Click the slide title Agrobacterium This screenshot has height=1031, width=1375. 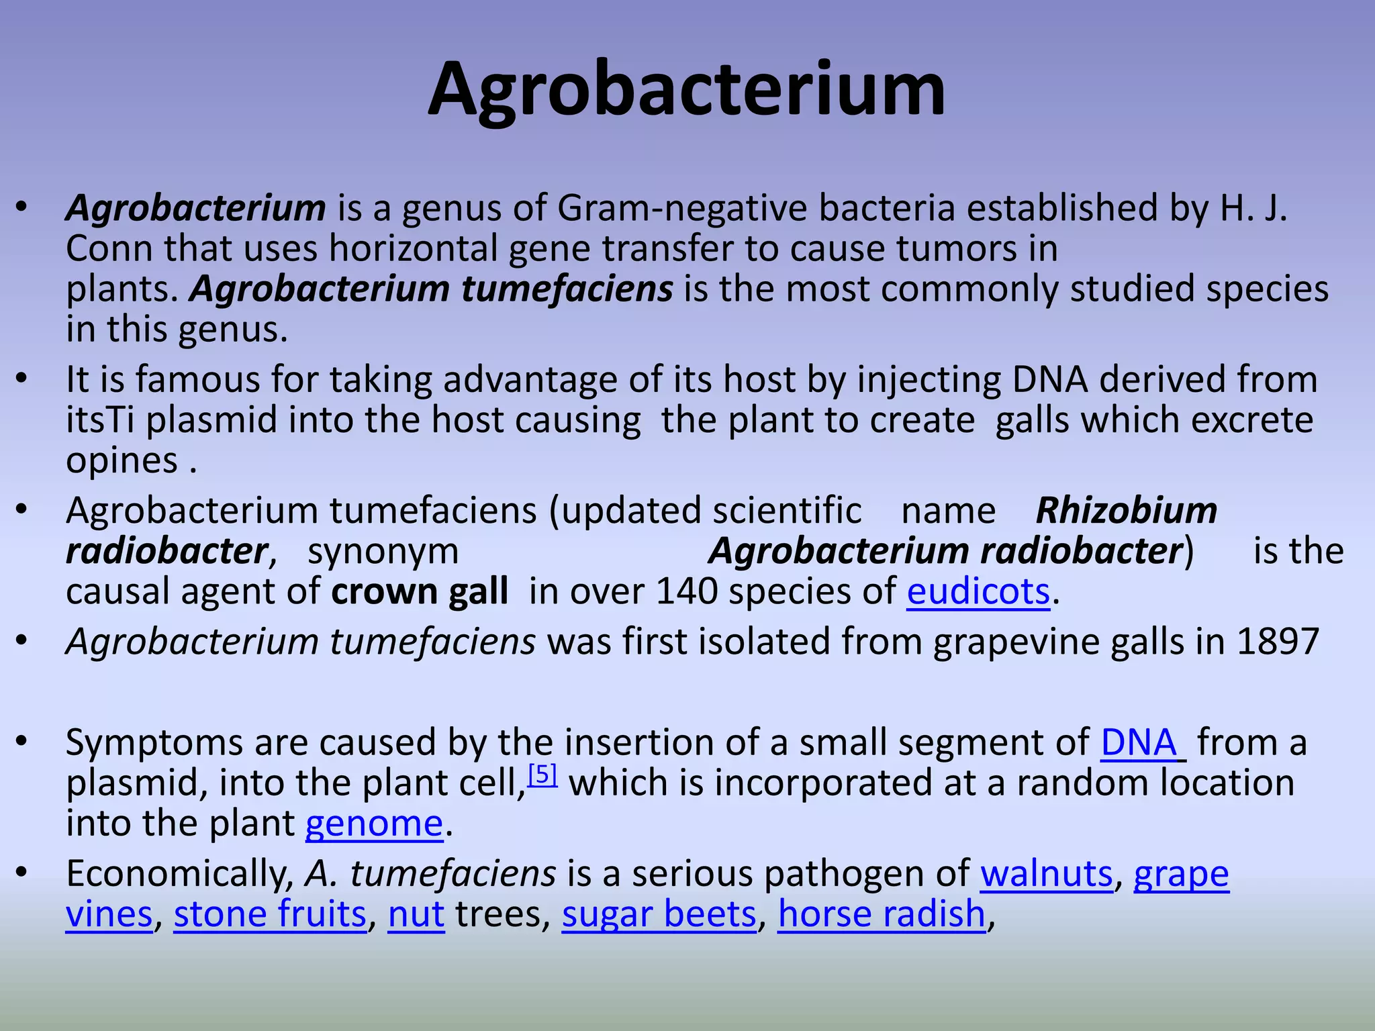(x=686, y=91)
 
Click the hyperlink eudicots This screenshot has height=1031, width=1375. (x=978, y=592)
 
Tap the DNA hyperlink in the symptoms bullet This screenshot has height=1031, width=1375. (x=1139, y=743)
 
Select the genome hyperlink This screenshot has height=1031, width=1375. (x=374, y=824)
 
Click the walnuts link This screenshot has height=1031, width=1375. (x=1046, y=874)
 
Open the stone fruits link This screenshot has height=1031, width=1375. (x=270, y=914)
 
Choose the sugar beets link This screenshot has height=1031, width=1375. (x=659, y=914)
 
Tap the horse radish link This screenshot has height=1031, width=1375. (x=881, y=914)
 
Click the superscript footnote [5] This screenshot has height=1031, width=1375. (x=542, y=775)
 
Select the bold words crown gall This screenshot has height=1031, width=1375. (x=419, y=592)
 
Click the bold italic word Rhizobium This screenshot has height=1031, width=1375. (x=1126, y=511)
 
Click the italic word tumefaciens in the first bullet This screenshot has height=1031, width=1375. (x=567, y=289)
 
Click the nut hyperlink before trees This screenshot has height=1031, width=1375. (x=416, y=914)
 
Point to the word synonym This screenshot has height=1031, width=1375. (x=383, y=552)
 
